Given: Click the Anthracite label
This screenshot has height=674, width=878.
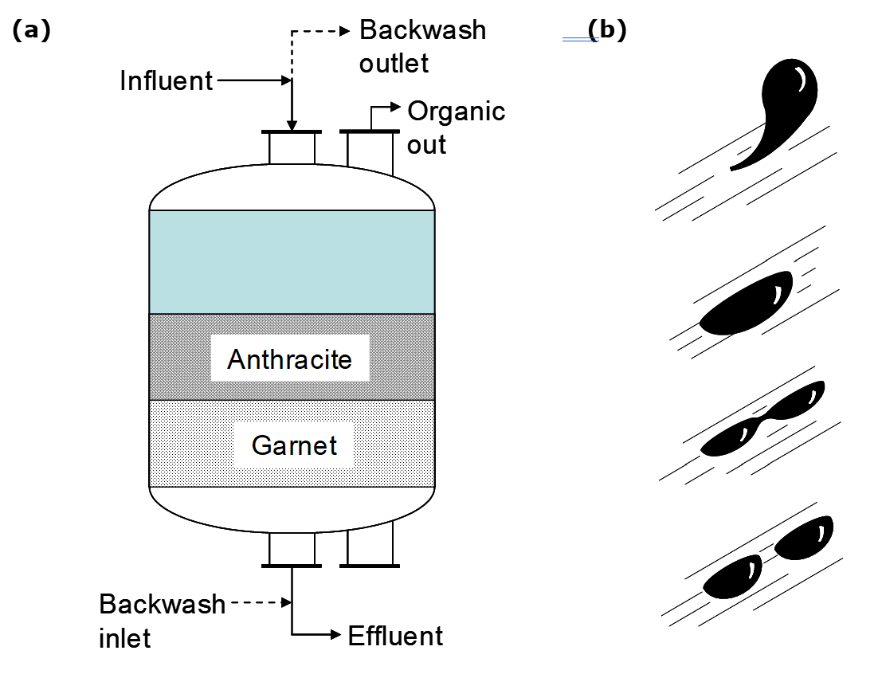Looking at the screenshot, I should point(289,359).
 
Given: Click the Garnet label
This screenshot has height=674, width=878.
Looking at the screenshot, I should point(294,445).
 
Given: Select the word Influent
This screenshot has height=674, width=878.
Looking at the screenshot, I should point(167,81).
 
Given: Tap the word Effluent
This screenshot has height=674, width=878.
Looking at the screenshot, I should point(395,636).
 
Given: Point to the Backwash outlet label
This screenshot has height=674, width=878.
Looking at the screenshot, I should point(422,46).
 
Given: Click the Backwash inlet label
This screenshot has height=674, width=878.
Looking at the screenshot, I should point(162,620).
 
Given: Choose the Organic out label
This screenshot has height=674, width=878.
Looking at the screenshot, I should point(456,127).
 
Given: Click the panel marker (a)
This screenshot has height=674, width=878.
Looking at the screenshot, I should point(31,30).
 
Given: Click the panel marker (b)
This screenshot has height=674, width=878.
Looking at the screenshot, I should point(606,30).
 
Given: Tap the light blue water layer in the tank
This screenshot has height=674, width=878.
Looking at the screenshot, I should point(292,262).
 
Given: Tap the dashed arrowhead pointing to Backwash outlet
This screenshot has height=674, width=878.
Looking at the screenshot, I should point(344,31).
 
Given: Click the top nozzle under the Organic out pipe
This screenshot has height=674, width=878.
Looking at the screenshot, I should point(370,147).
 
